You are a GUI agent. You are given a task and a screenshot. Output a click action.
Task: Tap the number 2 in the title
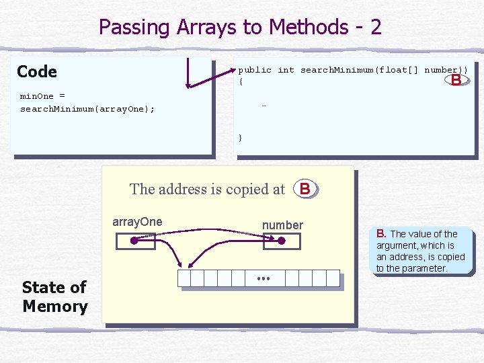375,27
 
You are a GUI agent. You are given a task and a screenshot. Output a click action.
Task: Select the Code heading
37,71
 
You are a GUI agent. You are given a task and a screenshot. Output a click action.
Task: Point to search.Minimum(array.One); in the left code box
87,108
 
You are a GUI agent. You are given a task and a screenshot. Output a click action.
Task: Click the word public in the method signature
255,70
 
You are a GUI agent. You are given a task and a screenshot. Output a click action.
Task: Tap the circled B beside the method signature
456,80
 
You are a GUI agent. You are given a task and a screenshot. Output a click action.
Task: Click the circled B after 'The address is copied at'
305,189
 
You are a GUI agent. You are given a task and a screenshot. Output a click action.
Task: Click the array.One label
137,222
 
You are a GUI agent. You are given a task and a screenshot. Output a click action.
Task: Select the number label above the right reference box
282,225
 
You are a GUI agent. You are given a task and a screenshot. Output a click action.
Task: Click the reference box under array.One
135,241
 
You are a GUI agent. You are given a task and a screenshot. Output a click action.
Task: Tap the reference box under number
282,241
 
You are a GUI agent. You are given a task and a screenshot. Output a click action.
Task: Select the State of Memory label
54,296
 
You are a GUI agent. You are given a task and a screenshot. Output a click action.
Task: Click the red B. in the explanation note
381,233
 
